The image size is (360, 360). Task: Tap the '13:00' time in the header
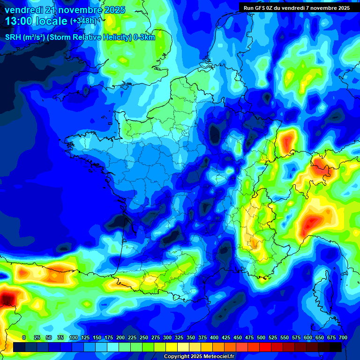point(18,22)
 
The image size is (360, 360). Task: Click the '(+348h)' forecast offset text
point(83,22)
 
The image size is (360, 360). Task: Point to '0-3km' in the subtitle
point(145,37)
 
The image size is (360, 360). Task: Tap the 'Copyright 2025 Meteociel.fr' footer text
point(199,357)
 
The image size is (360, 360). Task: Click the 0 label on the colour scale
point(24,337)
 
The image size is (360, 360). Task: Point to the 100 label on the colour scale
point(74,337)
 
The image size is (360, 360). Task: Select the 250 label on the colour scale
point(144,337)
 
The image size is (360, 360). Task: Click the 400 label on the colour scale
point(214,337)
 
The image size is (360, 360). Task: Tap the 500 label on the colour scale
point(261,337)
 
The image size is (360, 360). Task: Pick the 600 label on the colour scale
point(308,337)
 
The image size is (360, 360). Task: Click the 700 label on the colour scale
point(343,337)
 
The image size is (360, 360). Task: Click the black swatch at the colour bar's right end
point(336,347)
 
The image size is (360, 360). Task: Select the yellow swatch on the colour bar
point(172,347)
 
